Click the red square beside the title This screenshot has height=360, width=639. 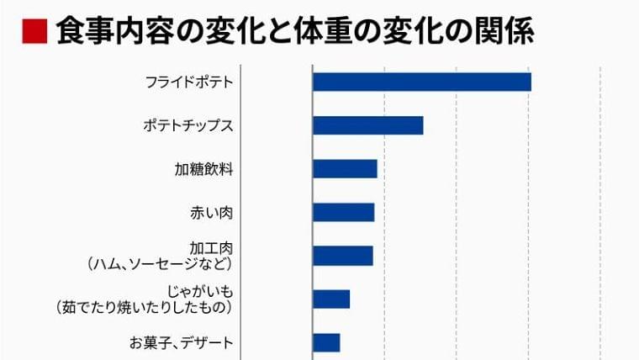click(34, 31)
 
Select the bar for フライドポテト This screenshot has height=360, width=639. click(421, 82)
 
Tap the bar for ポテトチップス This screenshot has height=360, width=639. click(367, 125)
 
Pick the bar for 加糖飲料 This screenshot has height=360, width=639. click(345, 169)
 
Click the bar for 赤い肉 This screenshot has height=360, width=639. click(343, 212)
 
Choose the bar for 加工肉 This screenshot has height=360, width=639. click(342, 256)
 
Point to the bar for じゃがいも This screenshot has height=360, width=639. click(331, 299)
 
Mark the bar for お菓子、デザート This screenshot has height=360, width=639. click(326, 342)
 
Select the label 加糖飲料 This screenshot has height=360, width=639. click(203, 169)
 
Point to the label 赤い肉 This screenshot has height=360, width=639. click(211, 212)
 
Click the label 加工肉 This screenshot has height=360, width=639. click(211, 248)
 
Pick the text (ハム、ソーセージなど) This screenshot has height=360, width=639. click(160, 264)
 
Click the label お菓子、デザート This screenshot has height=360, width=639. click(181, 342)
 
